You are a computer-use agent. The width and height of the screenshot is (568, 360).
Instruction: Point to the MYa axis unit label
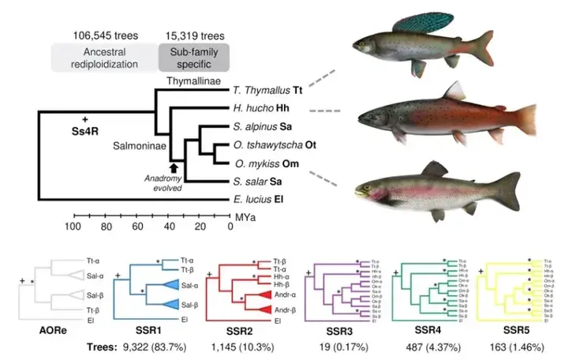(x=241, y=214)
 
